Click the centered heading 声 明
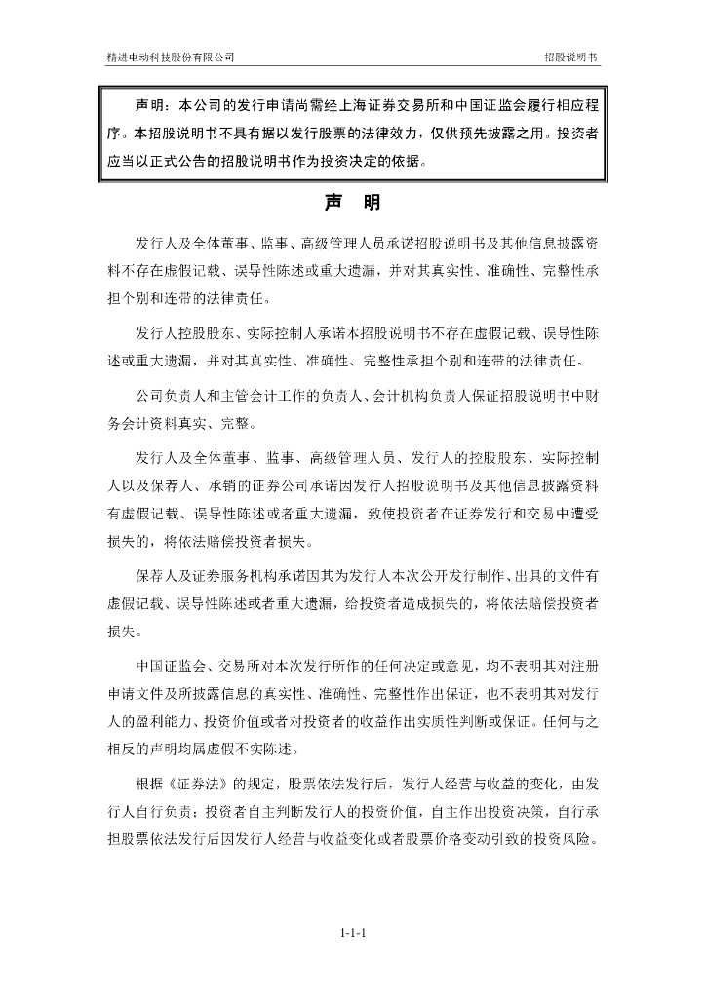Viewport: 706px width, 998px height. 353,204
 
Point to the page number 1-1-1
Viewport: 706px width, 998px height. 353,934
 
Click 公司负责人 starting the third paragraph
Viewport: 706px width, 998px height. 171,399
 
